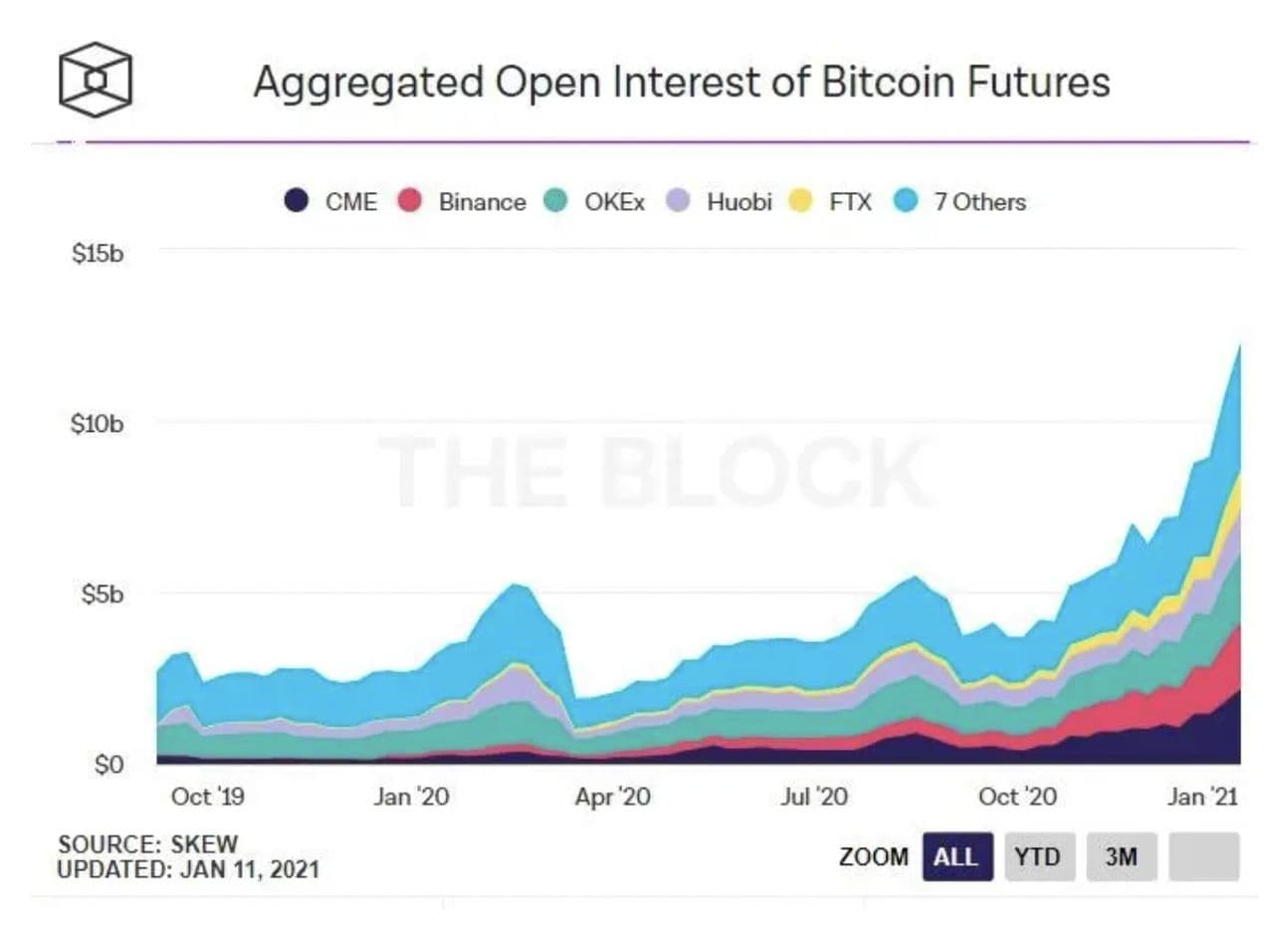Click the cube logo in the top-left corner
95,80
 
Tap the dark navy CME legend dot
296,201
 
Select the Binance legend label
482,202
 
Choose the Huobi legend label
740,202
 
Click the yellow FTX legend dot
801,201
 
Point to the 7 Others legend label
978,202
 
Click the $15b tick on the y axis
98,253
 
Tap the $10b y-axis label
98,424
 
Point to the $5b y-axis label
103,594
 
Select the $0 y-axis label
108,766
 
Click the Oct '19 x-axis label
207,797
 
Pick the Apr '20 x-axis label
612,797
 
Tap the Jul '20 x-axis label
815,797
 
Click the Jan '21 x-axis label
1202,797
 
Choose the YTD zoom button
1037,856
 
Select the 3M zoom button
1121,856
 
